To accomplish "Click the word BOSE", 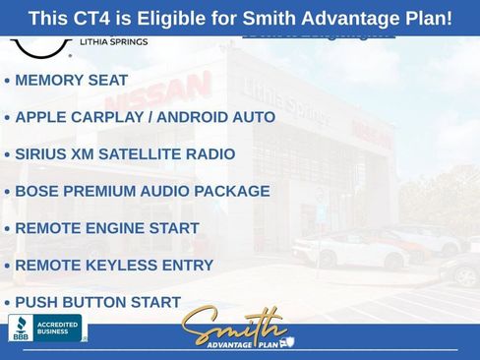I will [x=38, y=191].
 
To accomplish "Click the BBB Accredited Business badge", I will [x=46, y=329].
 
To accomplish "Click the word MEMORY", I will [x=45, y=80].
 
